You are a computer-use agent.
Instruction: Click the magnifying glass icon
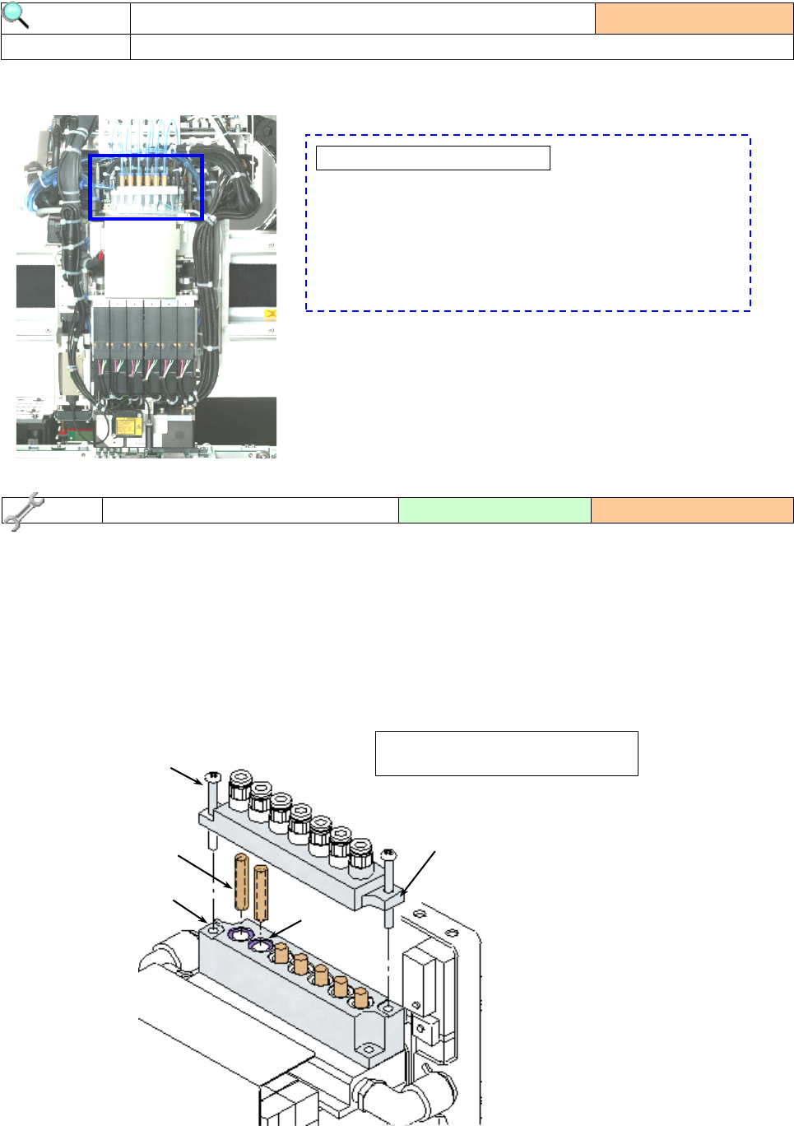[x=16, y=16]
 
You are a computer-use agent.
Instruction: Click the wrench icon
[x=21, y=510]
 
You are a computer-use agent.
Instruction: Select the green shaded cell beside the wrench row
[x=495, y=510]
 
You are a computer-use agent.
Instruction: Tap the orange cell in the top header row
[x=694, y=18]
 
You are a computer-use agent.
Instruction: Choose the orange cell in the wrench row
[x=692, y=510]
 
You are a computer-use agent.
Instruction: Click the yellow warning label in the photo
[x=127, y=426]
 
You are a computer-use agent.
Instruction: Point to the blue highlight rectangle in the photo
[x=146, y=188]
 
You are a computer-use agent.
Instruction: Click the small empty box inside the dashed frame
[x=433, y=158]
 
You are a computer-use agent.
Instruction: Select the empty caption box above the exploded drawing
[x=506, y=753]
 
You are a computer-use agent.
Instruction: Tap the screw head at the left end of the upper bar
[x=211, y=776]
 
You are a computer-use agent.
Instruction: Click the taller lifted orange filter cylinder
[x=241, y=882]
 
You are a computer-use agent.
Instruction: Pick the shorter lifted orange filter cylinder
[x=261, y=892]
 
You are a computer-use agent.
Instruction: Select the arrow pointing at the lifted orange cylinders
[x=203, y=871]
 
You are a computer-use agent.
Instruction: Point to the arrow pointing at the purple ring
[x=285, y=928]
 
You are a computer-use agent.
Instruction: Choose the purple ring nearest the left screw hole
[x=239, y=933]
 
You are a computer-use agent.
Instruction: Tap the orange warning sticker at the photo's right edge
[x=270, y=314]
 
